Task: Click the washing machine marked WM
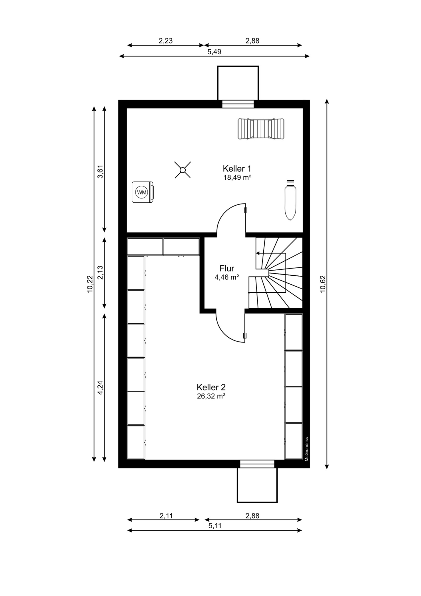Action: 143,192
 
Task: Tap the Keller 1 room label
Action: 237,169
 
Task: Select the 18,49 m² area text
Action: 237,178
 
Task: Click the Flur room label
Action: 227,268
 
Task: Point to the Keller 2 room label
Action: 211,387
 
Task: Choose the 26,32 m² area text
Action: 211,396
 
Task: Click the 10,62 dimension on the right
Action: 323,284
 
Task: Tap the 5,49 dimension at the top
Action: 214,52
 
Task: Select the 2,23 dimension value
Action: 166,41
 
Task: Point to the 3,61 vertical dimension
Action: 100,171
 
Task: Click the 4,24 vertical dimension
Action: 100,388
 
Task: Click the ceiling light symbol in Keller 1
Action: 183,170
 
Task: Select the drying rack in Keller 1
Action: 261,129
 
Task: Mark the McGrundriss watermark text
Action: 306,449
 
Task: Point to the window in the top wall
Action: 238,104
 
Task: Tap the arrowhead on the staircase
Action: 257,253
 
